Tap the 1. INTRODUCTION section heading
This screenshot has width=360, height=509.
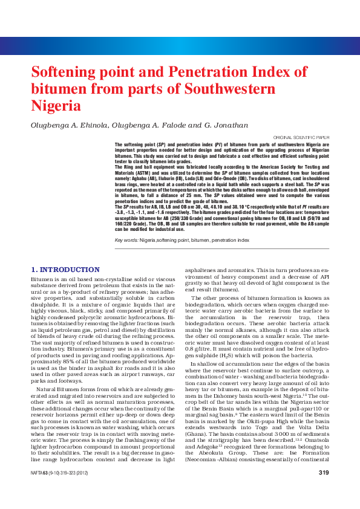[61, 268]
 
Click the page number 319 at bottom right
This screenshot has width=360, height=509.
[324, 489]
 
